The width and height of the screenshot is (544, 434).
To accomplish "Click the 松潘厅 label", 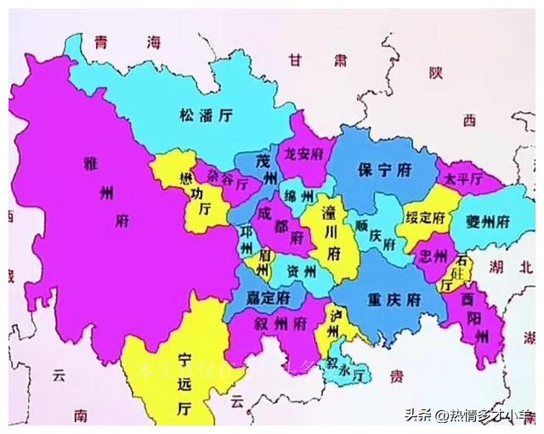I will (207, 115).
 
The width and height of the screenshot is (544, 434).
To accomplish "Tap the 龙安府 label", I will (303, 155).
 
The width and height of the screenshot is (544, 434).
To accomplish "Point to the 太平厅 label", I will (462, 179).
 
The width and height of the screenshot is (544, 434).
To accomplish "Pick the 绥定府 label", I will (425, 217).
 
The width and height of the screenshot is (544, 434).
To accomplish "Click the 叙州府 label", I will (280, 324).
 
